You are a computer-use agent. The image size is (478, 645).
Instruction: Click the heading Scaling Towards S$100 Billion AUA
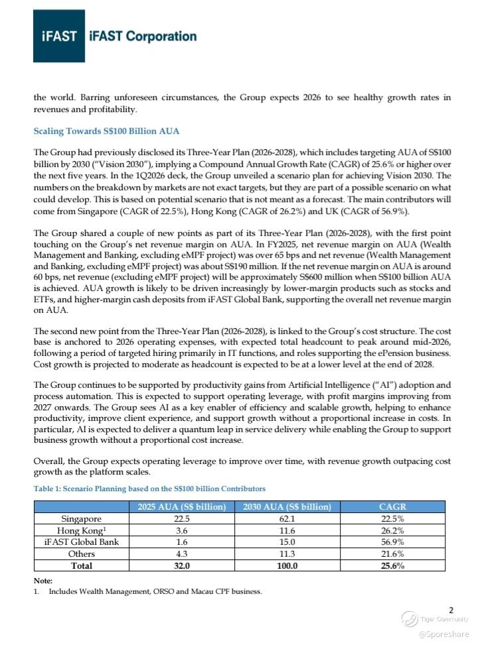click(107, 131)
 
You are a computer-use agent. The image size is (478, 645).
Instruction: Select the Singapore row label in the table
click(82, 519)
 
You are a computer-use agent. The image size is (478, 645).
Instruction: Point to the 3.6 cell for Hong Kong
click(178, 531)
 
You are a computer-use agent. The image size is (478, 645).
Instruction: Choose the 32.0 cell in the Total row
click(178, 565)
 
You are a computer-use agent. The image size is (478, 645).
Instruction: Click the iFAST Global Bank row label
click(82, 542)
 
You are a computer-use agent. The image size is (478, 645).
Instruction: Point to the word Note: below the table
click(42, 581)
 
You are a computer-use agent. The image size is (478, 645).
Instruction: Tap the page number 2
click(451, 610)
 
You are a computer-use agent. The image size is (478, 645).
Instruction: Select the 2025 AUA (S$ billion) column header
click(178, 507)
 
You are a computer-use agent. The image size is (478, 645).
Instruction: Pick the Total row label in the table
click(82, 565)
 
